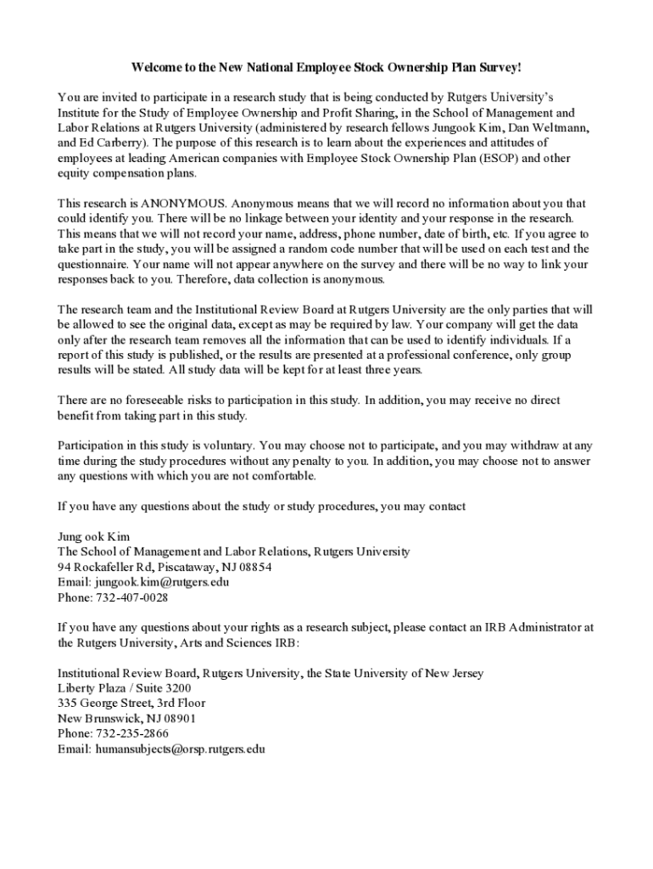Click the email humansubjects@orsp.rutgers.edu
pyautogui.click(x=179, y=749)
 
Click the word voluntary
pyautogui.click(x=226, y=445)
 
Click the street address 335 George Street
pyautogui.click(x=105, y=704)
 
